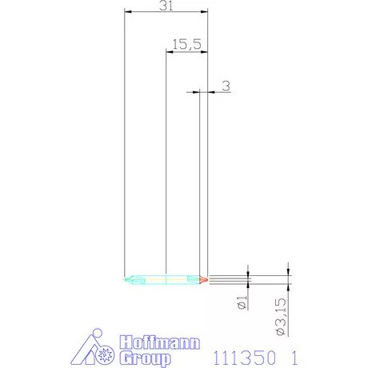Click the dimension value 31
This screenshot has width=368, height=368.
167,6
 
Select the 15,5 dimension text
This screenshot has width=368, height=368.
186,45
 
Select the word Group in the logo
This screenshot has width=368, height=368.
145,358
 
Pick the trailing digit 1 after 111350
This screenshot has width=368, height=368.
294,354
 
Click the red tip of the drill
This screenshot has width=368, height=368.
204,279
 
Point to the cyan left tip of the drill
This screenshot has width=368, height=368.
130,279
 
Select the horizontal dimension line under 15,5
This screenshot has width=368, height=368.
186,52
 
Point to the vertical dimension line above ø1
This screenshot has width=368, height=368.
249,270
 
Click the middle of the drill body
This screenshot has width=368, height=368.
166,279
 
